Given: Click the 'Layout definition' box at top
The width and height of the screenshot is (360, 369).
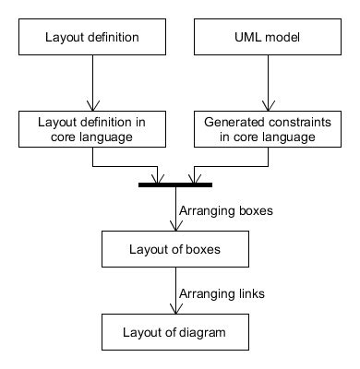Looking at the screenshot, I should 92,39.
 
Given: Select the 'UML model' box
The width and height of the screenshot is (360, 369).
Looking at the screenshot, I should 268,39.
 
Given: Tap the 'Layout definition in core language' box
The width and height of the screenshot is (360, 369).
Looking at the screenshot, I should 92,129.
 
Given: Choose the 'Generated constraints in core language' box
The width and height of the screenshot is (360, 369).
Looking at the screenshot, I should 268,129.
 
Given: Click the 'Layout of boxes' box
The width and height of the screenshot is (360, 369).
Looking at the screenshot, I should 175,248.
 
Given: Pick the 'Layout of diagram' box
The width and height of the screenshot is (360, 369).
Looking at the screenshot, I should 175,329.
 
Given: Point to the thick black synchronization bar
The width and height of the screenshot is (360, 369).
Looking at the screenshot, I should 175,185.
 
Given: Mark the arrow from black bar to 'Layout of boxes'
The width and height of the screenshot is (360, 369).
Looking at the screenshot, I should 175,208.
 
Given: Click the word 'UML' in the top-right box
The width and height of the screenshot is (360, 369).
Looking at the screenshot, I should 250,39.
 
